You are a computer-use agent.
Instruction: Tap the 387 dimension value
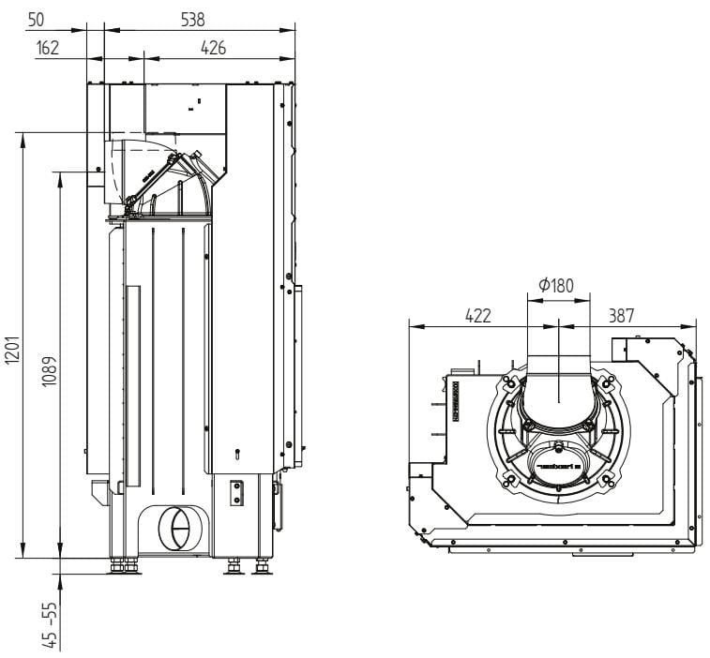[622, 316]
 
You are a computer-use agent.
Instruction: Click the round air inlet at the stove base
[173, 530]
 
